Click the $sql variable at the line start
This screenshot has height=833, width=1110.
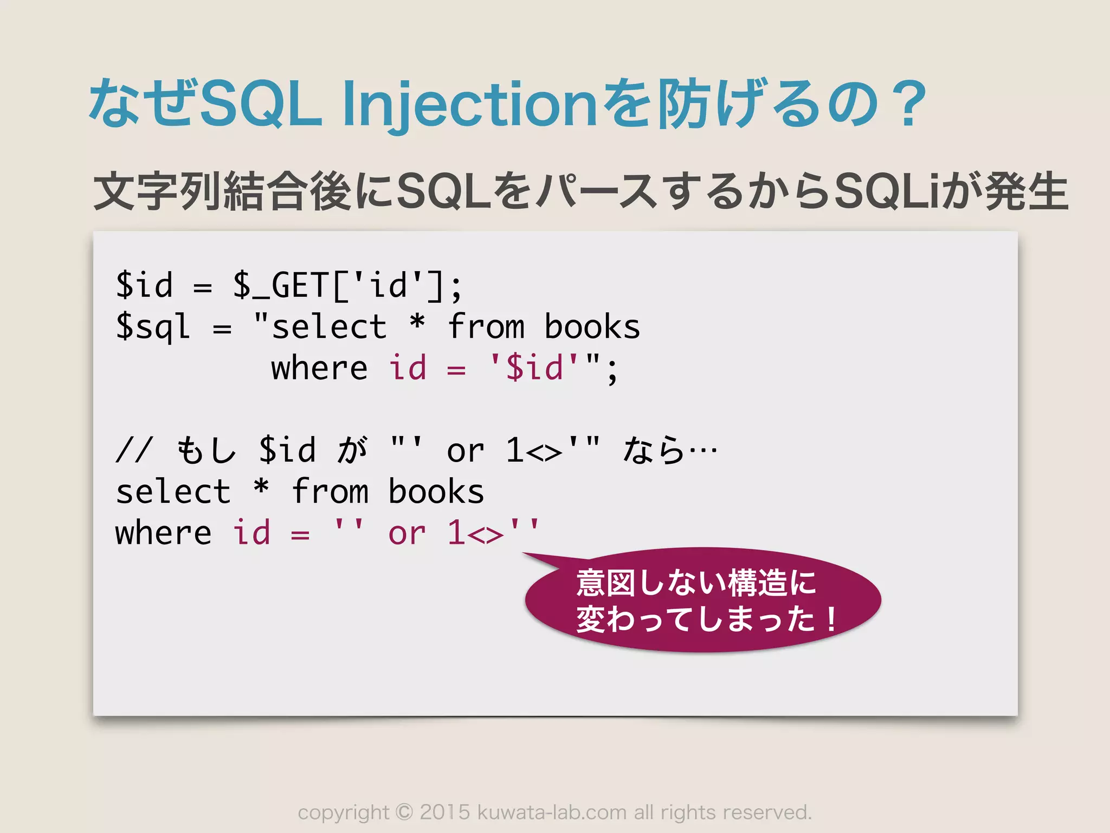coord(153,327)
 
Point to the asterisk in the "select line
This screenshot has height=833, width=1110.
coord(417,323)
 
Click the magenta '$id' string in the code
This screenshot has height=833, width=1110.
coord(534,368)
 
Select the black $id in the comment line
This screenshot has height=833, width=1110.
coord(287,450)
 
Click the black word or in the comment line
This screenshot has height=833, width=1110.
coord(465,451)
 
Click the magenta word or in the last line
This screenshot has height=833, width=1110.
coord(406,534)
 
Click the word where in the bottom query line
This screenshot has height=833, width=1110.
coord(163,534)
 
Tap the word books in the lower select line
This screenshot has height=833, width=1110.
coord(436,492)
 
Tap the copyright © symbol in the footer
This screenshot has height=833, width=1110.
coord(404,812)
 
